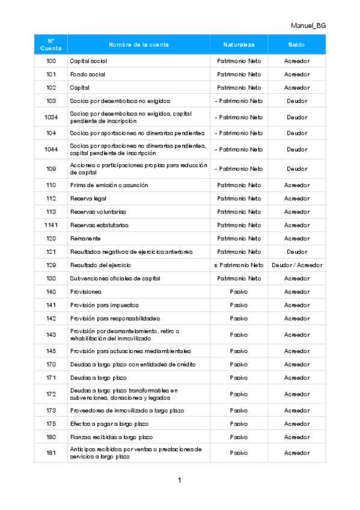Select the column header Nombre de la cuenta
tap(138, 45)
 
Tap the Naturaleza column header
tap(239, 45)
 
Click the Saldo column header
tap(296, 45)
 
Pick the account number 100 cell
tap(51, 61)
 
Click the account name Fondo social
tap(88, 75)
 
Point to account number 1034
tap(51, 117)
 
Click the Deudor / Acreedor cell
tap(296, 265)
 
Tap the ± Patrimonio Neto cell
tap(239, 265)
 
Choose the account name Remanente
tap(85, 238)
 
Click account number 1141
tap(51, 225)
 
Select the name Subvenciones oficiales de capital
tap(114, 278)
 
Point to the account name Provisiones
tap(85, 292)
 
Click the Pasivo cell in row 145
tap(239, 351)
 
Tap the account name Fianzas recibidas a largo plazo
tap(111, 437)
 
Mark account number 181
tap(51, 453)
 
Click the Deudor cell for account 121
tap(296, 251)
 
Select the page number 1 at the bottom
tap(180, 480)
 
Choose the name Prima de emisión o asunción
tap(109, 185)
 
